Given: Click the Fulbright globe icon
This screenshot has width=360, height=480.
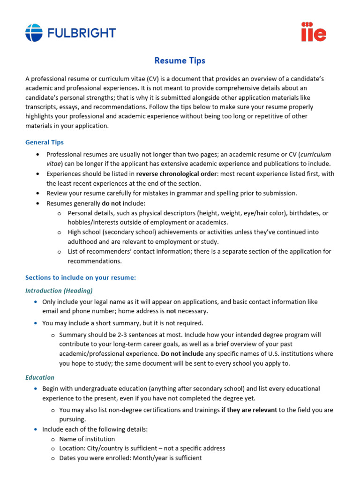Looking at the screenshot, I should click(x=34, y=33).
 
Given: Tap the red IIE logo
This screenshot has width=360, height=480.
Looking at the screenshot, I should click(x=314, y=32).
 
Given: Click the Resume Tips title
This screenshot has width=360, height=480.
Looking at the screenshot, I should click(x=180, y=61).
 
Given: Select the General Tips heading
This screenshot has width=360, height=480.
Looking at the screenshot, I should click(x=45, y=142).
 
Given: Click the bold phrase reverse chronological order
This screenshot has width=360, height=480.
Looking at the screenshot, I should click(x=176, y=174).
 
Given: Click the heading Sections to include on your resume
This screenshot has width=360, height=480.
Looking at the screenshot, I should click(x=81, y=277).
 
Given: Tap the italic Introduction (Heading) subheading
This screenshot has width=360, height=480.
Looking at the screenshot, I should click(x=59, y=291).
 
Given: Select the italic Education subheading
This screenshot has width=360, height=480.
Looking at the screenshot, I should click(x=40, y=377).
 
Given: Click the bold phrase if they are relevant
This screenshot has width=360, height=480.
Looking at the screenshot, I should click(x=249, y=410).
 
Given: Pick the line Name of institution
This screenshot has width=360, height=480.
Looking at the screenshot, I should click(x=87, y=439).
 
